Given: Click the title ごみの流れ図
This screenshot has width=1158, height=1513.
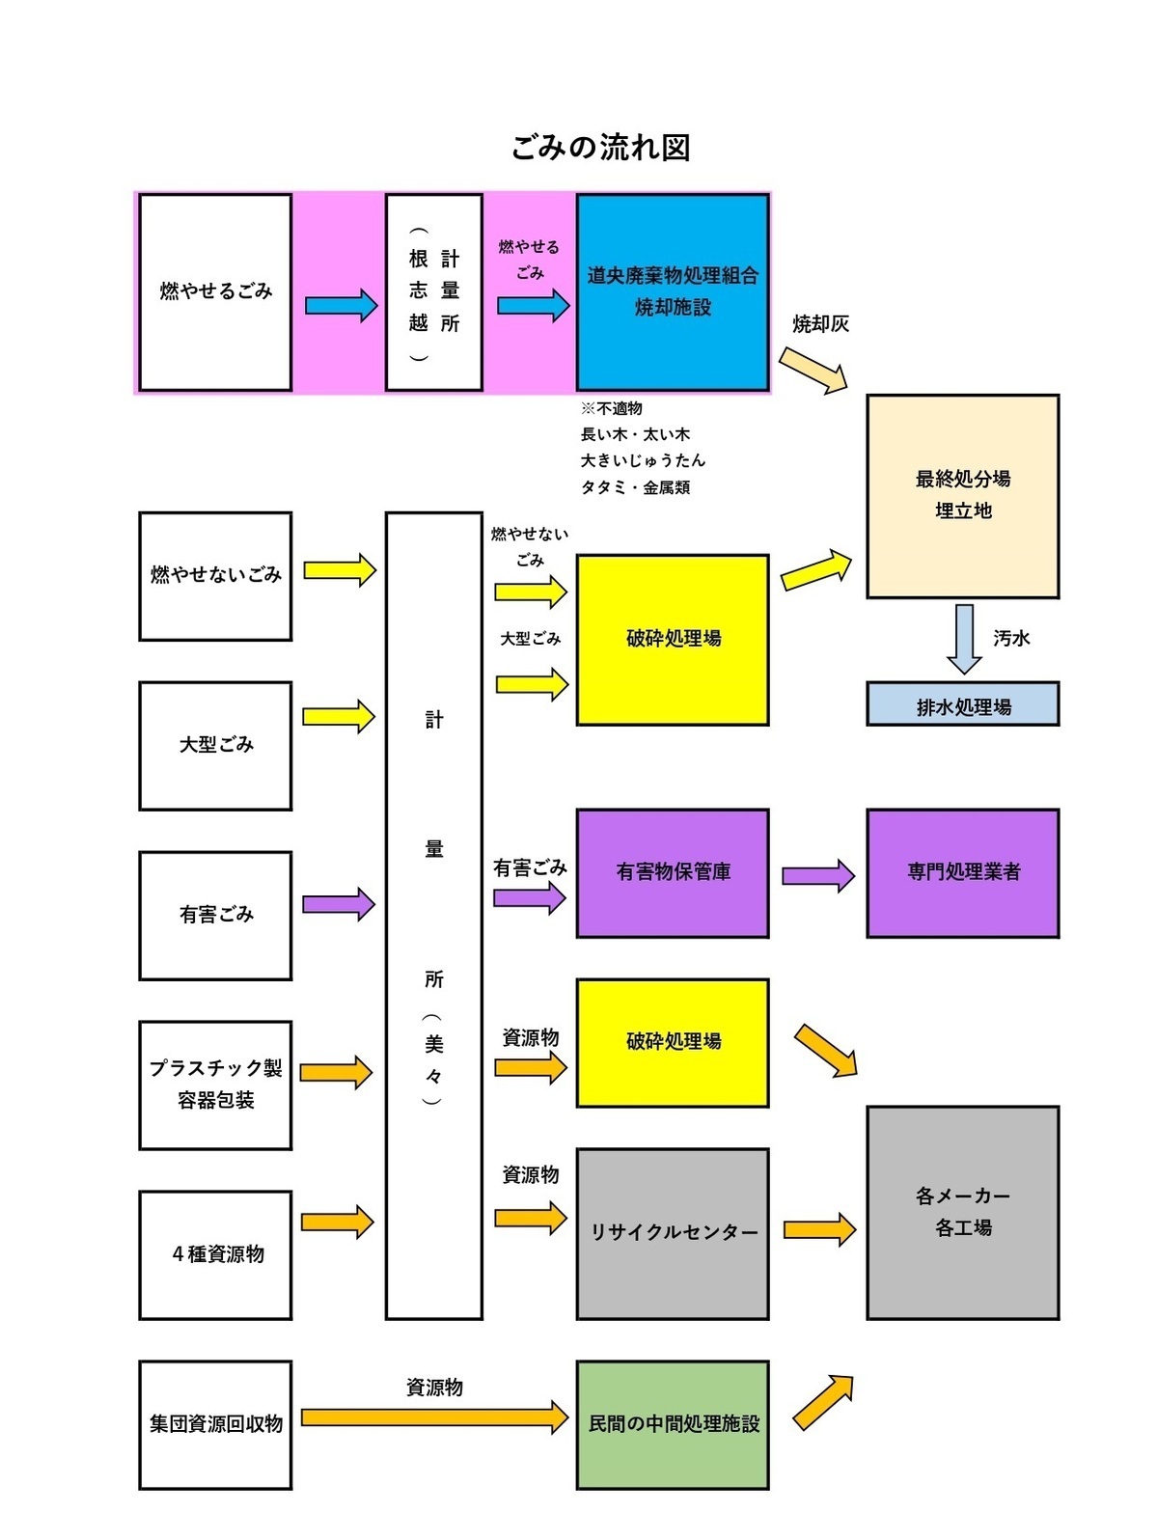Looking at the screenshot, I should [x=600, y=148].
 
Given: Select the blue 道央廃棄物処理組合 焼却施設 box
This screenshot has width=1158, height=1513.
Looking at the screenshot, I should [x=673, y=291].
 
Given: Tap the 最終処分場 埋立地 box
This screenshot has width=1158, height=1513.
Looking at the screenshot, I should [x=962, y=496].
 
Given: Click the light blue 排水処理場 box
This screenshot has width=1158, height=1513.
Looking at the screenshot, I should [x=962, y=705].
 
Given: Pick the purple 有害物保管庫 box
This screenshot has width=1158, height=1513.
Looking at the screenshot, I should [x=673, y=872].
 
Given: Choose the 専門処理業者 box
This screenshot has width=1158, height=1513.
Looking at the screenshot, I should [x=962, y=872].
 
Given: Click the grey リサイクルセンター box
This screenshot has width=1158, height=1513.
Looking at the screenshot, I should [x=673, y=1232].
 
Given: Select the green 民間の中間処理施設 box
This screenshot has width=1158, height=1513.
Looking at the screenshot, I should [x=673, y=1423].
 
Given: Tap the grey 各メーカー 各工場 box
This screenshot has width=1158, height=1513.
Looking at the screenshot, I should [x=962, y=1212].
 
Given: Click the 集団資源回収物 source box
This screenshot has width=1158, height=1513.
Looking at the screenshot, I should [x=215, y=1424].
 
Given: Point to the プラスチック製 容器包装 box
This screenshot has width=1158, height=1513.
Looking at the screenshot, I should [x=215, y=1085].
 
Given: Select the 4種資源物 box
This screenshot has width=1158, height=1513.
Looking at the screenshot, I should [x=215, y=1254].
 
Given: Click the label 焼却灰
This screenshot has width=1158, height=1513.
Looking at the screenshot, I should [x=820, y=324].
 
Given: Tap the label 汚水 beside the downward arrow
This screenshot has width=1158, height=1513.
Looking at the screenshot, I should [x=1011, y=639].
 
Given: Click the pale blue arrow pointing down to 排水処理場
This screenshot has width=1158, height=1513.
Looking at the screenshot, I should [x=964, y=638].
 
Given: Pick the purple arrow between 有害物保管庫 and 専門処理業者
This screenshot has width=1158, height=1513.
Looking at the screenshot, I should [x=817, y=875].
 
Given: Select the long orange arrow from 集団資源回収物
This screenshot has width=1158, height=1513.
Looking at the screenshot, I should [x=434, y=1417].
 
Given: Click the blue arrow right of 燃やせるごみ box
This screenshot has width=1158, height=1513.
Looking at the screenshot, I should [x=341, y=306].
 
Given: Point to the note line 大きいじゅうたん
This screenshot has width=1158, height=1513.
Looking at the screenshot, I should [x=643, y=461].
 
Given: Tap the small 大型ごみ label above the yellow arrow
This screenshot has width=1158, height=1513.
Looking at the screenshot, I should [x=530, y=639].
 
